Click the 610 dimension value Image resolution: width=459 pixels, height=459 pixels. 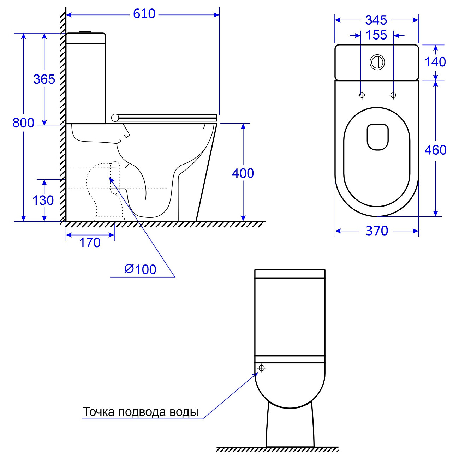tap(144, 14)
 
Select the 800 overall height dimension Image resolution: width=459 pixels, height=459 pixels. tap(23, 123)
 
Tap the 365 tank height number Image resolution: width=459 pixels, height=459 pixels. tap(44, 79)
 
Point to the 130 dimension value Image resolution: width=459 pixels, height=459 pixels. tap(43, 200)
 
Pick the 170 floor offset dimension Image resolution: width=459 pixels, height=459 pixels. tap(90, 243)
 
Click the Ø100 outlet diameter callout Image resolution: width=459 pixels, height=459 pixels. tap(140, 269)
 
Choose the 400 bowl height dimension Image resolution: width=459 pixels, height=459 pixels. tap(243, 173)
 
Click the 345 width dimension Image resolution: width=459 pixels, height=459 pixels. tap(376, 20)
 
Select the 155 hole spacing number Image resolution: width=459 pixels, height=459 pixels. tap(376, 35)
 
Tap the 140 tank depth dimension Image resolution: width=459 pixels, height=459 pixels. tap(435, 62)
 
